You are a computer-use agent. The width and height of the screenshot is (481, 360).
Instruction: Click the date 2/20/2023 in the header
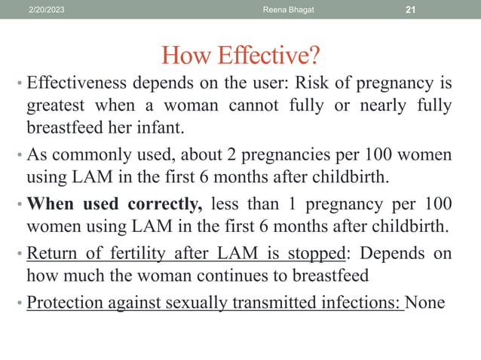pyautogui.click(x=45, y=9)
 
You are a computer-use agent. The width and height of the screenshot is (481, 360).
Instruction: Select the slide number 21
pyautogui.click(x=411, y=9)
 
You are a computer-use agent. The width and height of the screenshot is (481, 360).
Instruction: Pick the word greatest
pyautogui.click(x=57, y=106)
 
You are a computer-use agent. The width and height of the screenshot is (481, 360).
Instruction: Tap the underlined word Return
pyautogui.click(x=50, y=253)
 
